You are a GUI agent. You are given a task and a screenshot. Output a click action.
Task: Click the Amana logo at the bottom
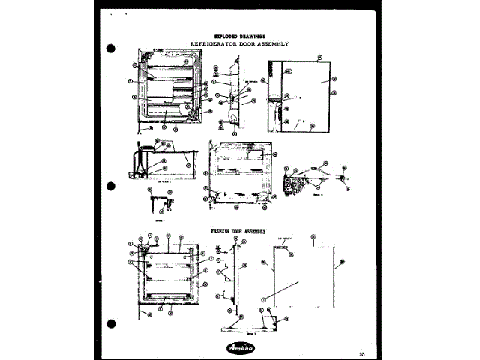click(x=241, y=347)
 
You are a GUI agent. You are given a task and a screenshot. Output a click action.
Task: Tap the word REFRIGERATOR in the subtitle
click(x=214, y=44)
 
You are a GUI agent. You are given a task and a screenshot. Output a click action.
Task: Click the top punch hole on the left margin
click(x=111, y=49)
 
